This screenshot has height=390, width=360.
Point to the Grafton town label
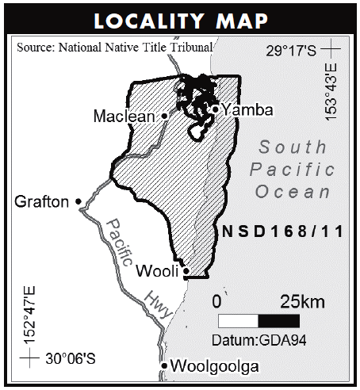point(41,202)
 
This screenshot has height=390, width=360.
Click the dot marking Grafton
point(79,201)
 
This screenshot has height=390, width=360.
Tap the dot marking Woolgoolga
point(164,365)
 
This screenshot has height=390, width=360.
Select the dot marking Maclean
point(165,116)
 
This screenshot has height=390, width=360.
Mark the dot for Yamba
point(215,109)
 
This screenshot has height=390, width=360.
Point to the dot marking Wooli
point(186,271)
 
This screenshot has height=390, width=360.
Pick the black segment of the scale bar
point(279,321)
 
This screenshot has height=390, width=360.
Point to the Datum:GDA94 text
point(258,339)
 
